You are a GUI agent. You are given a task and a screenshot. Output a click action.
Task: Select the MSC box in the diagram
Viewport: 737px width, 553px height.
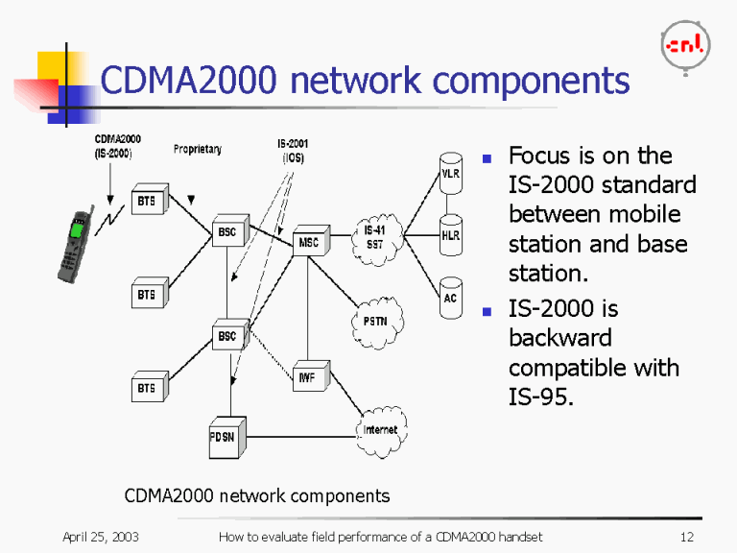click(x=309, y=244)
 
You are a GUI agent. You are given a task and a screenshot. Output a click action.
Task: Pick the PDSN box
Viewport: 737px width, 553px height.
click(x=228, y=437)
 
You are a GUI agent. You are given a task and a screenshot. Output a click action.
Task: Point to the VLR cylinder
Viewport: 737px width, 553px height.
click(x=451, y=173)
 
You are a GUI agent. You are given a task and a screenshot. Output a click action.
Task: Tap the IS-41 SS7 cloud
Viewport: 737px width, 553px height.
click(x=375, y=235)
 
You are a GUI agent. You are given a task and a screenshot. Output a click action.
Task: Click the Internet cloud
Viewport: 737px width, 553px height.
click(x=380, y=430)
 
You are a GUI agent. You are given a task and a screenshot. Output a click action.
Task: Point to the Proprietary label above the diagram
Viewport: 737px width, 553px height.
click(x=198, y=150)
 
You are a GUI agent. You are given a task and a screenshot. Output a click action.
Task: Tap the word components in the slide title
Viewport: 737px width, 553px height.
click(x=522, y=81)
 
